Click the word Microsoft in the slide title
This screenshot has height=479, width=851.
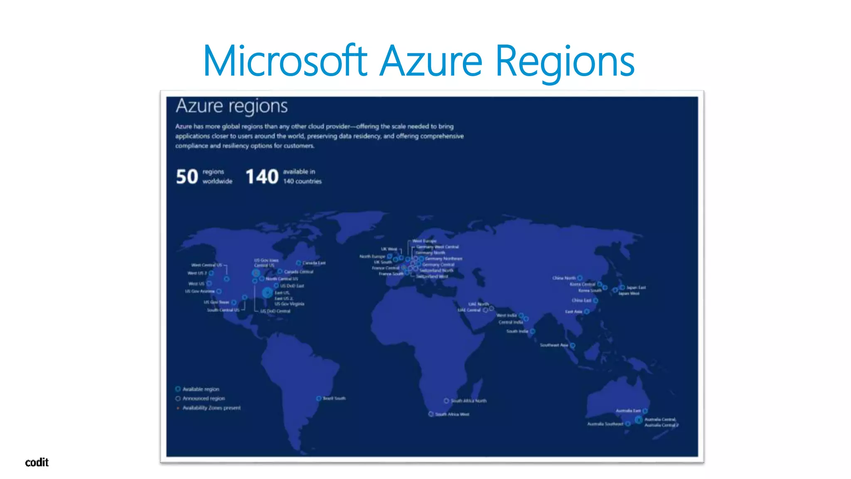(x=285, y=61)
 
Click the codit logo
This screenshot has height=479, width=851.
(x=37, y=462)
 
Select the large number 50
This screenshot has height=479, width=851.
(x=187, y=177)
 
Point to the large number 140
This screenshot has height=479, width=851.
(x=262, y=177)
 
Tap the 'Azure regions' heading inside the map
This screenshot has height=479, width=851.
(x=231, y=106)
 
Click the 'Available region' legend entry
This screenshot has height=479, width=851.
(x=201, y=389)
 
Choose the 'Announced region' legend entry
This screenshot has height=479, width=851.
(x=204, y=398)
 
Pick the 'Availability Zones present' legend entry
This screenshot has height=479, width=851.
(x=212, y=408)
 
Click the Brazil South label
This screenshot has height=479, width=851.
(x=334, y=398)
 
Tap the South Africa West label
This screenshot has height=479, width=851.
(x=452, y=414)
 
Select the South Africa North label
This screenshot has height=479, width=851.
(x=468, y=401)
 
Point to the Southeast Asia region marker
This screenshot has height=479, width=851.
(x=573, y=346)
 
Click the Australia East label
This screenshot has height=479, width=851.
(x=628, y=411)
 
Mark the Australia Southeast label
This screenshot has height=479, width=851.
(x=605, y=424)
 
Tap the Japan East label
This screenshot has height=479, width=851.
(x=636, y=287)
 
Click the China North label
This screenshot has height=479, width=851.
(x=564, y=278)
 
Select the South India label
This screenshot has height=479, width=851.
(x=517, y=331)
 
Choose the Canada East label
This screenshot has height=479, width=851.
(x=314, y=263)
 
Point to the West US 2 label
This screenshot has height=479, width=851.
(x=197, y=273)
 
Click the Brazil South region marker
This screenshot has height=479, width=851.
(x=319, y=398)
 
